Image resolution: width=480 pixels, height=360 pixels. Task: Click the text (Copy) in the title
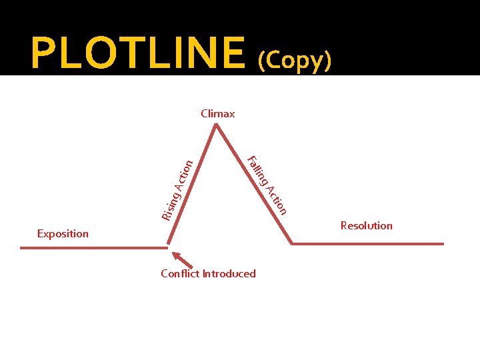294,60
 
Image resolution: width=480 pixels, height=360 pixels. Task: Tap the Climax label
218,113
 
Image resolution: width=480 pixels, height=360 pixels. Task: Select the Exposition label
63,233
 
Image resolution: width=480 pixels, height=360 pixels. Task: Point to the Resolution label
366,225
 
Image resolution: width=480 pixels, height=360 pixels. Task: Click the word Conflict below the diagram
180,273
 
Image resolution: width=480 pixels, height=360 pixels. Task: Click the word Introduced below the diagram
229,273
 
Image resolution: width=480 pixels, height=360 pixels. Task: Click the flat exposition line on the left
93,248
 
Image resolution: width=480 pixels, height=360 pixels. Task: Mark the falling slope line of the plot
254,184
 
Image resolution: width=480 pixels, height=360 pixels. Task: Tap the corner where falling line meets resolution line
293,243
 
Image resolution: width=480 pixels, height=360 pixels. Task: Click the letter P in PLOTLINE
43,53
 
